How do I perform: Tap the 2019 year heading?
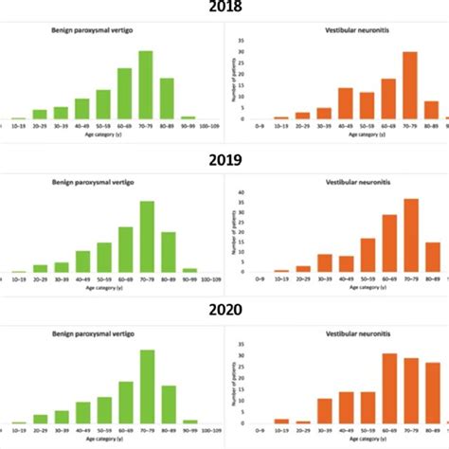pos(224,160)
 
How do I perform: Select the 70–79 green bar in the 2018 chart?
pos(145,85)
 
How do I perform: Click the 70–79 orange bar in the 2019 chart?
pos(385,236)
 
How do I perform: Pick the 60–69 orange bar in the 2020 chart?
pos(363,388)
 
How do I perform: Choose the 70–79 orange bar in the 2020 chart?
pos(385,390)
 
